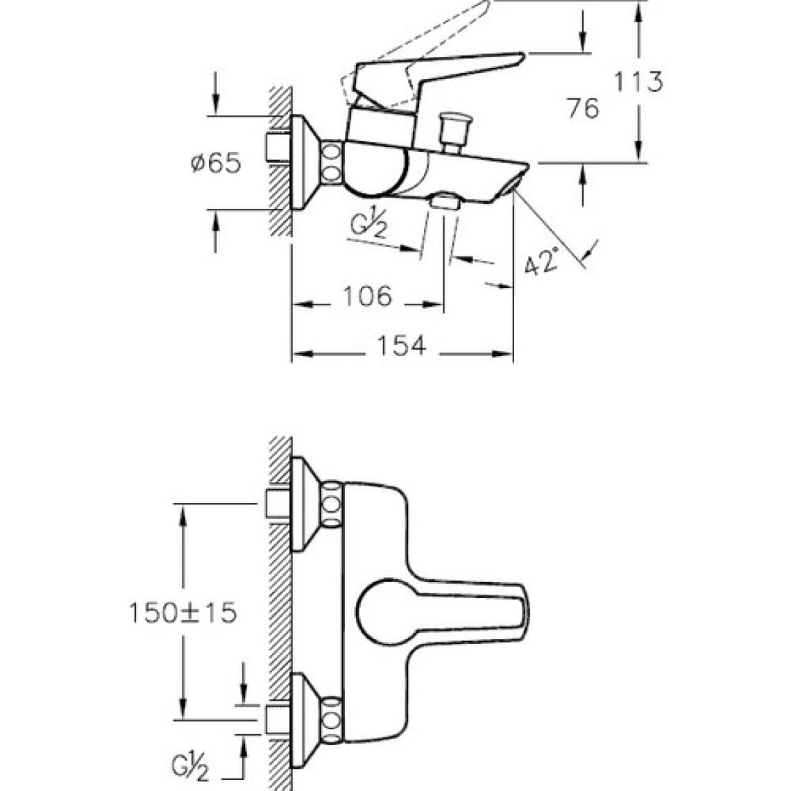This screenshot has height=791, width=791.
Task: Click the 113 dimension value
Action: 638,82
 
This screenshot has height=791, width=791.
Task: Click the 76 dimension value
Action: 583,108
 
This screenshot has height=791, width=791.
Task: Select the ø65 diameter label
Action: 216,164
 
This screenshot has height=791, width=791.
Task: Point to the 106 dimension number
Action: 367,296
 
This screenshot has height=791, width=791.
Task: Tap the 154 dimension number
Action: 402,346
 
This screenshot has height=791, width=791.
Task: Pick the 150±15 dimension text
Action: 182,613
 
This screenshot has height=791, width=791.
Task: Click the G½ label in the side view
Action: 368,228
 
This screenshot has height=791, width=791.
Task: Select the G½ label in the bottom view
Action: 191,769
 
